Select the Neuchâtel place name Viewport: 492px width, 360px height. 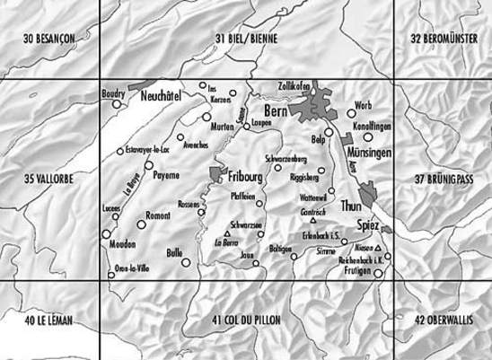166,94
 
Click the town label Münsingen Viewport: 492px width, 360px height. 368,154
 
